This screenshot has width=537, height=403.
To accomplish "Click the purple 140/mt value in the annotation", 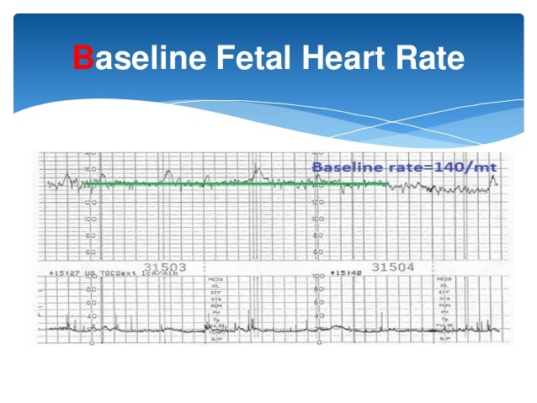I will (468, 167).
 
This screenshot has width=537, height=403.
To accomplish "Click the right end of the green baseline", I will (388, 183).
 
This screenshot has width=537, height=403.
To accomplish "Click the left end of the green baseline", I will (83, 182).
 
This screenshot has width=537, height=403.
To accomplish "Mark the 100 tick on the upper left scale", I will (91, 219).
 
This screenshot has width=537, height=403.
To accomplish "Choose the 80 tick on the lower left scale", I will (91, 289).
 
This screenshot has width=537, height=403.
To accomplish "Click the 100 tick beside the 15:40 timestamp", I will (317, 275).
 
